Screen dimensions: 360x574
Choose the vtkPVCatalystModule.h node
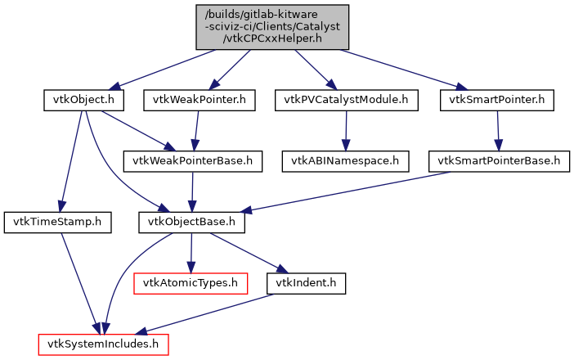[x=347, y=101]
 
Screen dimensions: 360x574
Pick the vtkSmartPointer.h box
[x=497, y=101]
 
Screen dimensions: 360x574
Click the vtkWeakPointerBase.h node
[x=193, y=161]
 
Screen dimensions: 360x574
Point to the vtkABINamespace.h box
[x=346, y=161]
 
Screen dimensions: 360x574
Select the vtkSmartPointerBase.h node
[x=499, y=161]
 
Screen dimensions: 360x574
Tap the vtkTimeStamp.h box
[x=57, y=222]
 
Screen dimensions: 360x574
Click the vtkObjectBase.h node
[x=191, y=222]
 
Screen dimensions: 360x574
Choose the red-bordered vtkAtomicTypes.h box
[x=191, y=283]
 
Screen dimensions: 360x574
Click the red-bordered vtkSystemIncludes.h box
[x=104, y=344]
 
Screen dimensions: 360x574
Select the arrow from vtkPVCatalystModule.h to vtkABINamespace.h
[x=346, y=131]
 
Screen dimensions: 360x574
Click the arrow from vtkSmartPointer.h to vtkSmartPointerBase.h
[x=498, y=131]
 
